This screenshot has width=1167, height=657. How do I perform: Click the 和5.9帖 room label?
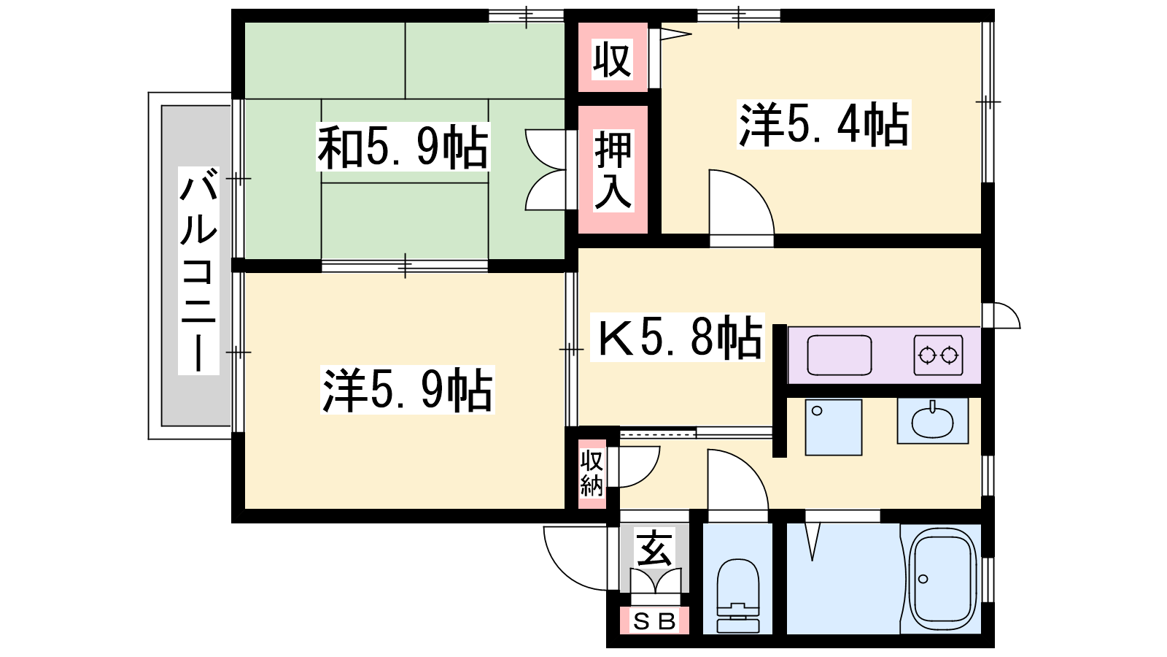pos(403,147)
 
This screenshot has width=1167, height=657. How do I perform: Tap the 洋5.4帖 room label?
pos(823,125)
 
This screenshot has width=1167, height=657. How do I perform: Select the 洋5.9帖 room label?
pos(407,390)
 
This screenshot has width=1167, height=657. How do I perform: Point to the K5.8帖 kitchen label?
pos(678,337)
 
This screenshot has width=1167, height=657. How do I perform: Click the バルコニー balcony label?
pos(198,271)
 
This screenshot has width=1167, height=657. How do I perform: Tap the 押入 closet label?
pos(613,171)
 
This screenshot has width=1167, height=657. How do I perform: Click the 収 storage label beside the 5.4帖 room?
pos(613,59)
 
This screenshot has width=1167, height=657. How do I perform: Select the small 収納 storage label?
pos(592,474)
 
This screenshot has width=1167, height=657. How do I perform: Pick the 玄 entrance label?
pos(654,548)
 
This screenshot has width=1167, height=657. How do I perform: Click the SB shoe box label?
pos(654,621)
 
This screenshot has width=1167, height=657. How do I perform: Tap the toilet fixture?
pos(737,595)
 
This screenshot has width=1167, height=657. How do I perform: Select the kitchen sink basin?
pos(840,355)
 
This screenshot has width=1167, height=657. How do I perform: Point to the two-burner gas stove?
pos(938,355)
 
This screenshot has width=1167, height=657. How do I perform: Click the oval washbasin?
pos(933,420)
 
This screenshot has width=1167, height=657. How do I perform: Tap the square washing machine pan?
pos(834,427)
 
